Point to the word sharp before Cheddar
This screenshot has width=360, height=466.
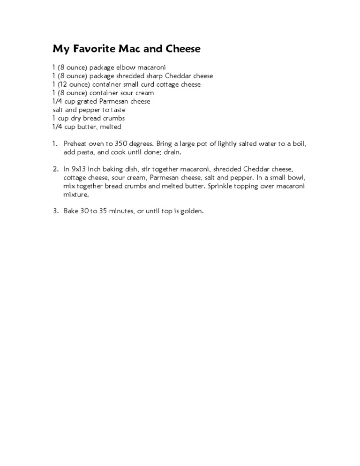click(x=149, y=76)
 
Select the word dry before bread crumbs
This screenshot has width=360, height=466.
click(x=76, y=118)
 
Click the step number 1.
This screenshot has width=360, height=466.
click(x=54, y=143)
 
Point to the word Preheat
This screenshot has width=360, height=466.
click(x=75, y=143)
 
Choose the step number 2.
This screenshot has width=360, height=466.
click(x=54, y=169)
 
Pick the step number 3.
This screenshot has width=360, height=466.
click(x=54, y=211)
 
